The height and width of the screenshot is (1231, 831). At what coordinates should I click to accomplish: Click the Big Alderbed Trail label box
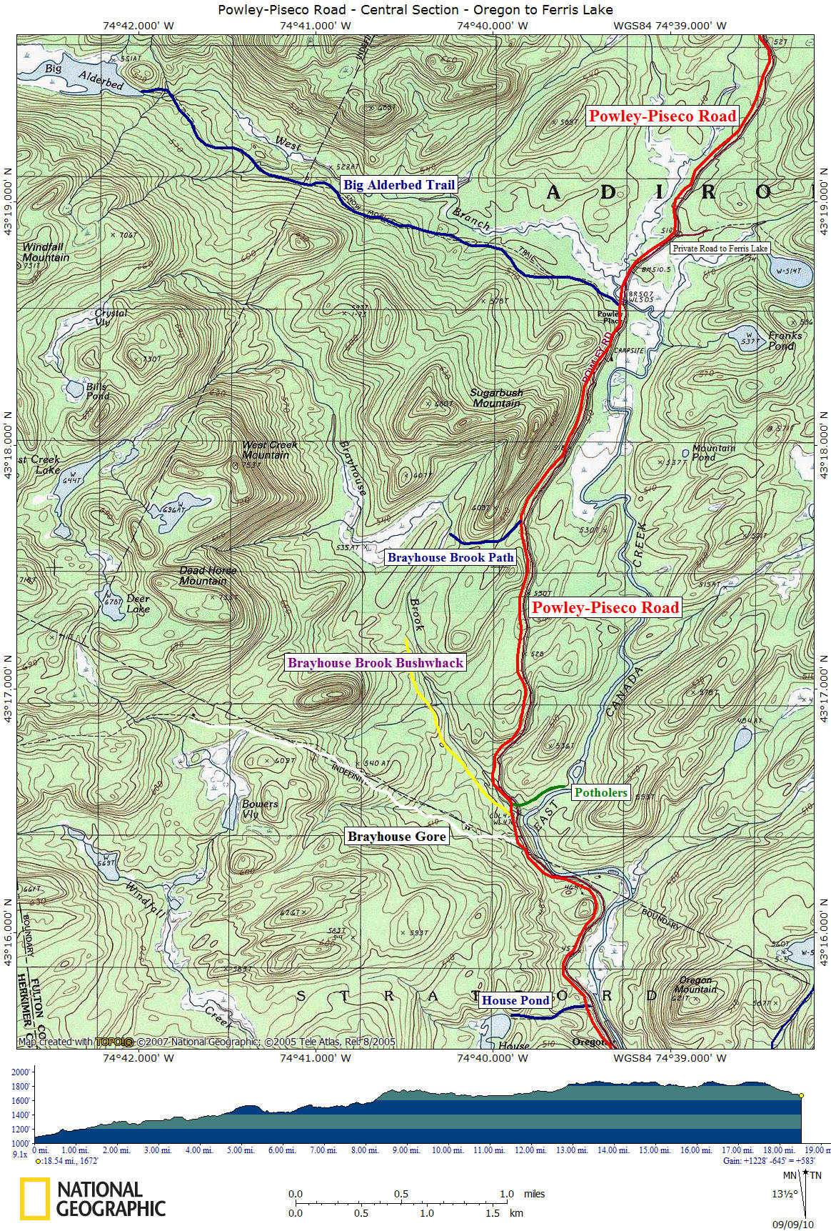(398, 184)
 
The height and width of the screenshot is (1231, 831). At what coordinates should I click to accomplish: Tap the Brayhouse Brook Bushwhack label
(376, 662)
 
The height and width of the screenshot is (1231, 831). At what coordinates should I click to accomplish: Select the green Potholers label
(600, 792)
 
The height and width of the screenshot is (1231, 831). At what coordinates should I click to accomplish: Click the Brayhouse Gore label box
(396, 837)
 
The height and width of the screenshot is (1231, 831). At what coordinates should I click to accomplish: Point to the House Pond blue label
(515, 1000)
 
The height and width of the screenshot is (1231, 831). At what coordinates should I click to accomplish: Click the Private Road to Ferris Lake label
(720, 249)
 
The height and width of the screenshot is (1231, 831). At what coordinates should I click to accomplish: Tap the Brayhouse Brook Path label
(450, 557)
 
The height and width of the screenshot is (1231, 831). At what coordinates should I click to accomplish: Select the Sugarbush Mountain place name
(496, 398)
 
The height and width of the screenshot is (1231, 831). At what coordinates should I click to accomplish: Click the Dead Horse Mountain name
(207, 575)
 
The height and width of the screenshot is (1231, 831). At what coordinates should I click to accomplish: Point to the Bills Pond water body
(74, 390)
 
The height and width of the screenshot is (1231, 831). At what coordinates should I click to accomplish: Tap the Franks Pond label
(785, 340)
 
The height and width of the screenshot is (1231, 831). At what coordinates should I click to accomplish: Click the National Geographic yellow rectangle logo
(34, 1199)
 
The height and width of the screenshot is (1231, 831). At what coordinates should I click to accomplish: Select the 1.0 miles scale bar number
(506, 1193)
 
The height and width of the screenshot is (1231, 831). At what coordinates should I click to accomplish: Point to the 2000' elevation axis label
(20, 1072)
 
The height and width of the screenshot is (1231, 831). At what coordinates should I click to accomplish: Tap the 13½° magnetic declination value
(781, 1193)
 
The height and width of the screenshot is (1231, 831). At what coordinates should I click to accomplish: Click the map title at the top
(415, 9)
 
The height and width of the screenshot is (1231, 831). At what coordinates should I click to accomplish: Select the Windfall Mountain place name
(45, 251)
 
